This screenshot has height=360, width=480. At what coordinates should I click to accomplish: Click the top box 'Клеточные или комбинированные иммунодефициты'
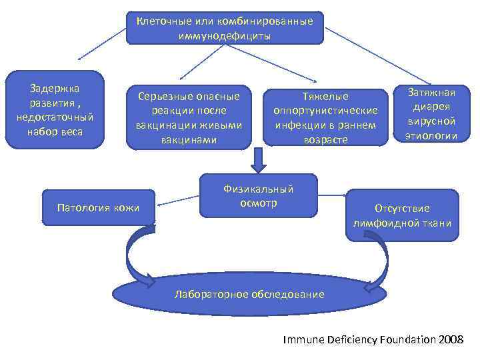coord(225,28)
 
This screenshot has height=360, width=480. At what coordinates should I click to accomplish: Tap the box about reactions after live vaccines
coord(189,117)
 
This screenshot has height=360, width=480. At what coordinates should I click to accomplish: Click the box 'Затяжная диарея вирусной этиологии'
coord(433,113)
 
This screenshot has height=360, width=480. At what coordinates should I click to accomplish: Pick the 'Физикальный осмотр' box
coord(258,195)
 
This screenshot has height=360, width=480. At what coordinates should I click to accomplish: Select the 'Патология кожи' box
coord(99,208)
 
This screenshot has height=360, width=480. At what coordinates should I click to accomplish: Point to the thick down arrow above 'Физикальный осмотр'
coord(258,159)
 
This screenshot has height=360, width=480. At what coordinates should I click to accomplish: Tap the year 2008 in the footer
coord(451,339)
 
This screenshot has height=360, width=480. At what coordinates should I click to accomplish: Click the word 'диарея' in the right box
coord(433,107)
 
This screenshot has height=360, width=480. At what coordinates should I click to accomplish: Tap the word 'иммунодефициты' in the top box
coord(225,35)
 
